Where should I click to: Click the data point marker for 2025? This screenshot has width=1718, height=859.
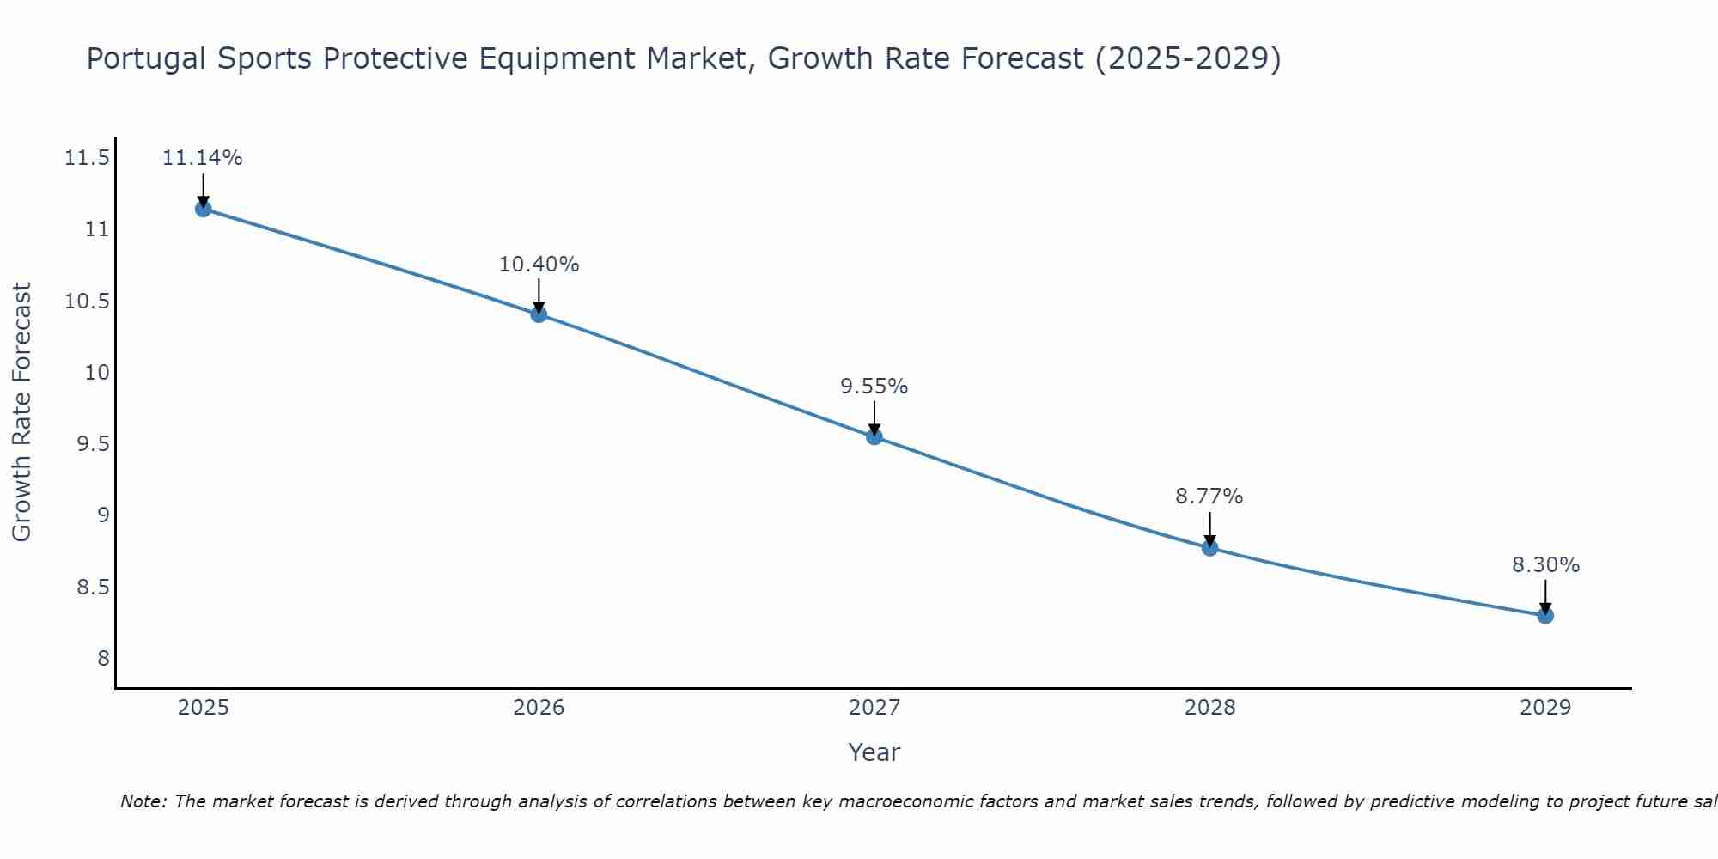(203, 209)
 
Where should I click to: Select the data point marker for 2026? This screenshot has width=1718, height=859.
(539, 314)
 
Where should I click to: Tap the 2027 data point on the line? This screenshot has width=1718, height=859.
(874, 436)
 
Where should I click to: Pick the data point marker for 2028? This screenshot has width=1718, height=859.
(1209, 548)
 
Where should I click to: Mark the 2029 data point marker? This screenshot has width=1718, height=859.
(1545, 615)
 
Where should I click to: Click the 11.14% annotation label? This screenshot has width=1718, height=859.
(203, 158)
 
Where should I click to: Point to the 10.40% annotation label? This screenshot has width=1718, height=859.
(539, 265)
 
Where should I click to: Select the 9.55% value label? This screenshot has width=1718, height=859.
(874, 387)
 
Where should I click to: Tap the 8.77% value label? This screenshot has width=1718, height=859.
(1209, 497)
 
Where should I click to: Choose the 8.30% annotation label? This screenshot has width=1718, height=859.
(1545, 565)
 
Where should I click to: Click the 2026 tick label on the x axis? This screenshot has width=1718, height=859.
(539, 708)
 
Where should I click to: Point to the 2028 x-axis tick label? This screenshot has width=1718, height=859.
(1209, 708)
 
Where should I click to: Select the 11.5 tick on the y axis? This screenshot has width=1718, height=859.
(87, 158)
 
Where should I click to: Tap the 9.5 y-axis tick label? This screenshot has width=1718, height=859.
(93, 444)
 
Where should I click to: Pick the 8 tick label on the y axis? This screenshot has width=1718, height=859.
(103, 659)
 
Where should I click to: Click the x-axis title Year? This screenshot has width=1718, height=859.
(874, 752)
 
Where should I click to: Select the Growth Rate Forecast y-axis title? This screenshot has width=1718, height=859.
(21, 412)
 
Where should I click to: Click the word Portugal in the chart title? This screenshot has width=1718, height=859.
(146, 58)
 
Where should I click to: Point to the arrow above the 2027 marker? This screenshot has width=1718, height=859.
(874, 417)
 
